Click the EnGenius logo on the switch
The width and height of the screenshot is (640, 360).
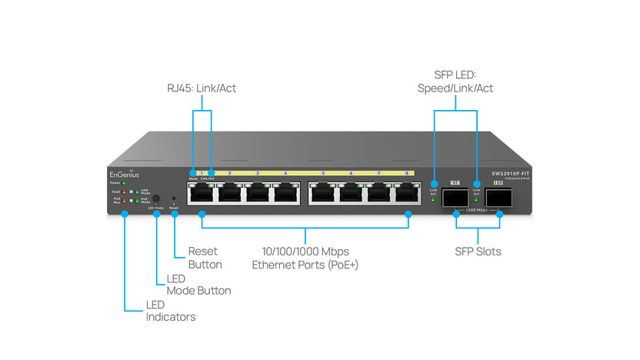[122, 175]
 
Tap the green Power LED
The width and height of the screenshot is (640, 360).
[124, 183]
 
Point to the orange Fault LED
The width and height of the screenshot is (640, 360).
[124, 192]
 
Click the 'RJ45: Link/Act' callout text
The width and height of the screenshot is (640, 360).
[202, 88]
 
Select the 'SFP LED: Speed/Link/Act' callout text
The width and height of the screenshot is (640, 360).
[455, 81]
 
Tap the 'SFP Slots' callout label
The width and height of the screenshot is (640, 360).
[477, 252]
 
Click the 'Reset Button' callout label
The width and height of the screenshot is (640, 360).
[205, 258]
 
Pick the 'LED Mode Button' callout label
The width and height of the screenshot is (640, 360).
[198, 284]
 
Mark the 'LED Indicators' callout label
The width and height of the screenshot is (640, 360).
[170, 311]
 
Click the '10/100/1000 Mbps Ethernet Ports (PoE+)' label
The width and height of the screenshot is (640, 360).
[305, 258]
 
